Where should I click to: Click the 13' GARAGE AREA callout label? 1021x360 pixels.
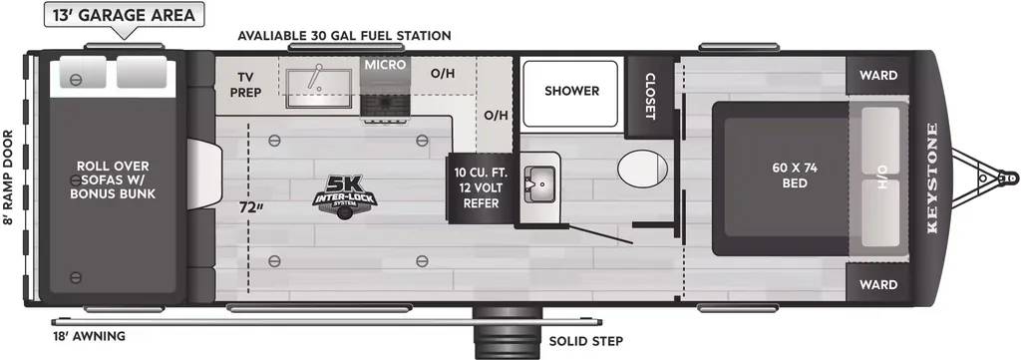124,15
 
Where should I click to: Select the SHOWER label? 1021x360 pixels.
571,91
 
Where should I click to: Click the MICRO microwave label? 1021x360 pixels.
385,65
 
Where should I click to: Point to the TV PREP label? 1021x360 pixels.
245,85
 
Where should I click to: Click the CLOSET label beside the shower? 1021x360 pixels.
650,96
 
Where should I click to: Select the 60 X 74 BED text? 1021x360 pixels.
795,176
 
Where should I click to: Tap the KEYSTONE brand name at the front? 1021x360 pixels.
932,178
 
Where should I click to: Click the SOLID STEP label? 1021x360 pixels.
585,341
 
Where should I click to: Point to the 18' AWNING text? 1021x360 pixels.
89,336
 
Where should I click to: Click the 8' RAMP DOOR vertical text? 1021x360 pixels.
7,178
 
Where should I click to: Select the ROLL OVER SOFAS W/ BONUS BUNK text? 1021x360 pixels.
113,180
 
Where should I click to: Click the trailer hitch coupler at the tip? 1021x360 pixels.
1008,178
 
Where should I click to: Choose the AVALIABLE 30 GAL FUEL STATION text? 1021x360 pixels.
344,35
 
